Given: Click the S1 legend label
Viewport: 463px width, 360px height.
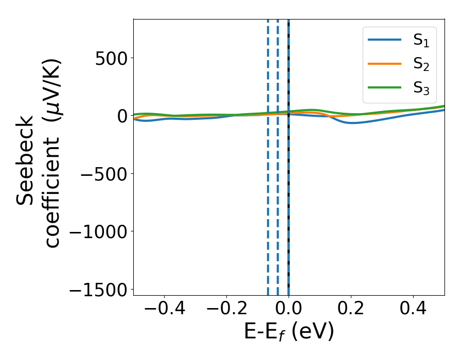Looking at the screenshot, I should coord(421,41).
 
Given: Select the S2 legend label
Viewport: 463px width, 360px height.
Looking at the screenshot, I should coord(421,64).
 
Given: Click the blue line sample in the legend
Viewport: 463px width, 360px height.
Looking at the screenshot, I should coord(385,40).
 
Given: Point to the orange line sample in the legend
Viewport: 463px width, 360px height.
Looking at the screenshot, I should coord(385,63).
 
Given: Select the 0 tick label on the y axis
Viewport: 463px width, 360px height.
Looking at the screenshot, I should coord(122,116).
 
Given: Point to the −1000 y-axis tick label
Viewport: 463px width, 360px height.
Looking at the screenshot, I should coord(97,232).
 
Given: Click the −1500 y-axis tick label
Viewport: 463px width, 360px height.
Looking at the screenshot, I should coord(97,290).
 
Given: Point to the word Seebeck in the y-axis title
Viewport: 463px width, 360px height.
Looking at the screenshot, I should coord(26,160).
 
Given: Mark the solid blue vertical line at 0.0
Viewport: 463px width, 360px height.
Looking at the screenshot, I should coord(289,206).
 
